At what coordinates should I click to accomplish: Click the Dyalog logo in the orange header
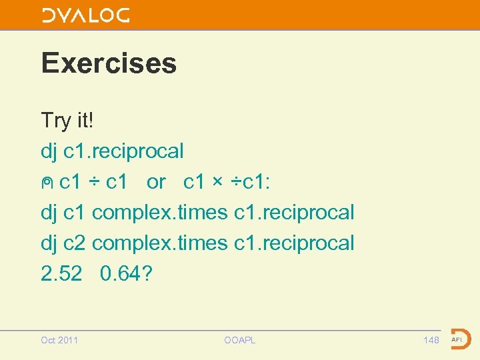86,16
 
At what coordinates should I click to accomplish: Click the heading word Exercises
109,63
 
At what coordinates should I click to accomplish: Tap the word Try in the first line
55,121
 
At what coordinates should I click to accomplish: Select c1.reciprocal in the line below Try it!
123,151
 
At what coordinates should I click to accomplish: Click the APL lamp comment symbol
47,183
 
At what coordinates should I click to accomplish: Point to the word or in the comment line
156,182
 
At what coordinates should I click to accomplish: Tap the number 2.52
61,273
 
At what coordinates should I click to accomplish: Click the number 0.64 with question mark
127,273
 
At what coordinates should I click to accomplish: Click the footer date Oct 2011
59,341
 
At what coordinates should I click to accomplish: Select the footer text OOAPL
240,341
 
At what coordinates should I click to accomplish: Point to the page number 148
431,341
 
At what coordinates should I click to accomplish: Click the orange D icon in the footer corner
460,339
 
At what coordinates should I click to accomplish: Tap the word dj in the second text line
49,151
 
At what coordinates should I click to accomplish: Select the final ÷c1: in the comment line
251,182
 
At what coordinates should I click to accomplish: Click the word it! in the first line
85,121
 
